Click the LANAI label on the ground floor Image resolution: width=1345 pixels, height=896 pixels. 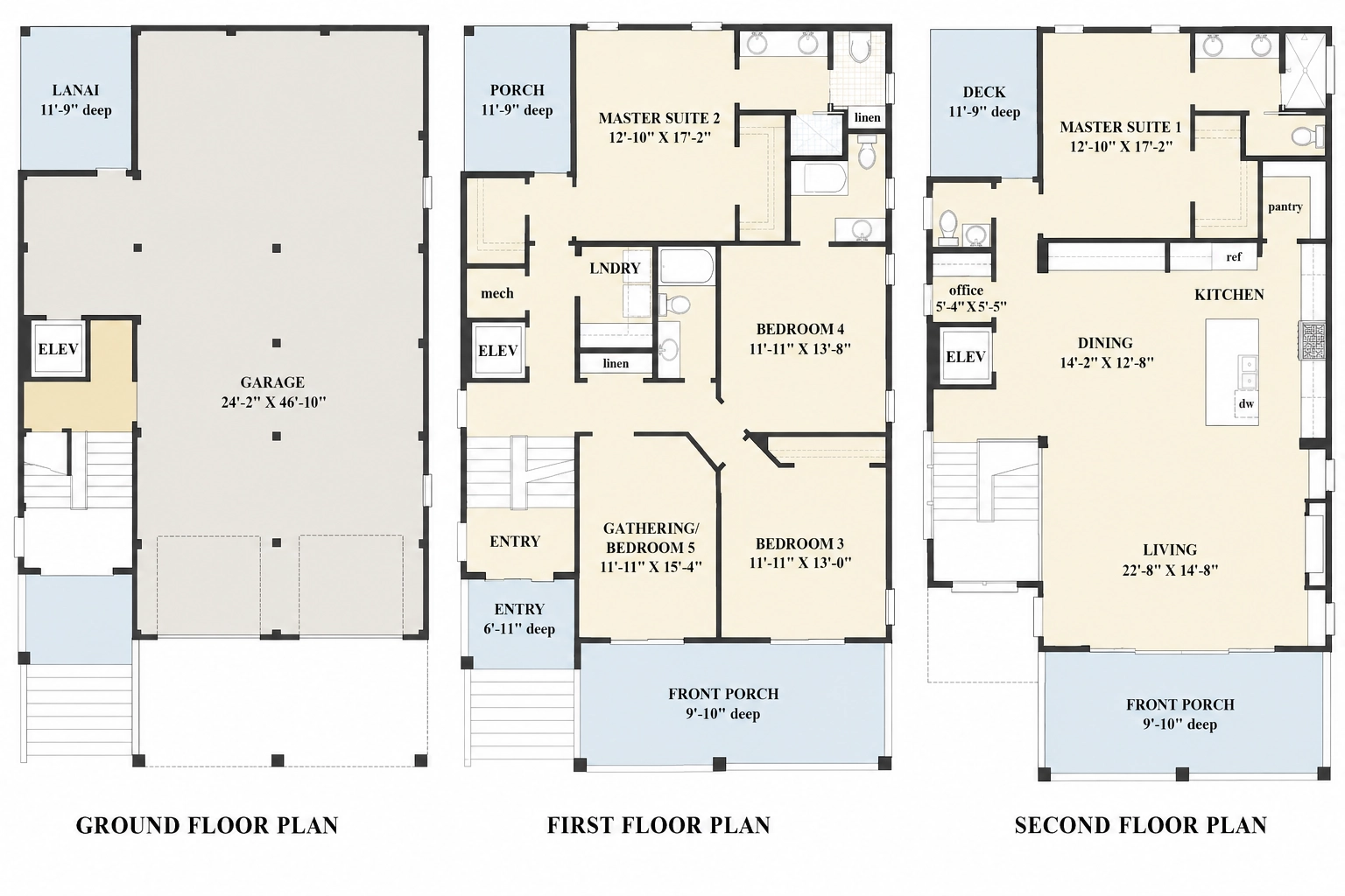click(75, 91)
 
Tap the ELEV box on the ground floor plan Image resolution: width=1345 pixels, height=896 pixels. click(59, 349)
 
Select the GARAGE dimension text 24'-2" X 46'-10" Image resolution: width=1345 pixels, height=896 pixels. click(273, 402)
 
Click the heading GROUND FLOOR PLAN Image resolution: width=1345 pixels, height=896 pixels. click(208, 825)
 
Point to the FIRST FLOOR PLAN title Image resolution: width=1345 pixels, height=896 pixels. click(658, 825)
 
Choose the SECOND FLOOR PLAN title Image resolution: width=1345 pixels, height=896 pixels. click(1141, 825)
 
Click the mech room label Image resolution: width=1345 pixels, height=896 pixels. click(497, 293)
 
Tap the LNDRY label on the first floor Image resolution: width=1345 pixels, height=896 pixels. click(615, 269)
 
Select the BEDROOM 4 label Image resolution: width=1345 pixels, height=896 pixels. click(799, 329)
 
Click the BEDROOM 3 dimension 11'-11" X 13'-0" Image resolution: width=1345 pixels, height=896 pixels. click(799, 563)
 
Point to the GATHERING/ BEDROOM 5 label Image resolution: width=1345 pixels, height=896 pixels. click(651, 538)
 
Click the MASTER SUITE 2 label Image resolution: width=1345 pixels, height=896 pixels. click(658, 118)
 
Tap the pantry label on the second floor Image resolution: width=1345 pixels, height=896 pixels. click(1285, 207)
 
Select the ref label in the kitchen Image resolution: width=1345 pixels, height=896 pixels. click(1234, 257)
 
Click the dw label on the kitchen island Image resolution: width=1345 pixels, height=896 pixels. click(1247, 404)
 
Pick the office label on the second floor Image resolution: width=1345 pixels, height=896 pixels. click(966, 290)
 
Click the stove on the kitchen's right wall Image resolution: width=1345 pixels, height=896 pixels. click(1312, 340)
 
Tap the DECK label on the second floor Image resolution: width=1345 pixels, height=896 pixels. click(984, 93)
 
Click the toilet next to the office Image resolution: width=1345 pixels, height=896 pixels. click(948, 228)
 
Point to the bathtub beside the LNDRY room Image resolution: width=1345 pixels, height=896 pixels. click(687, 267)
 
